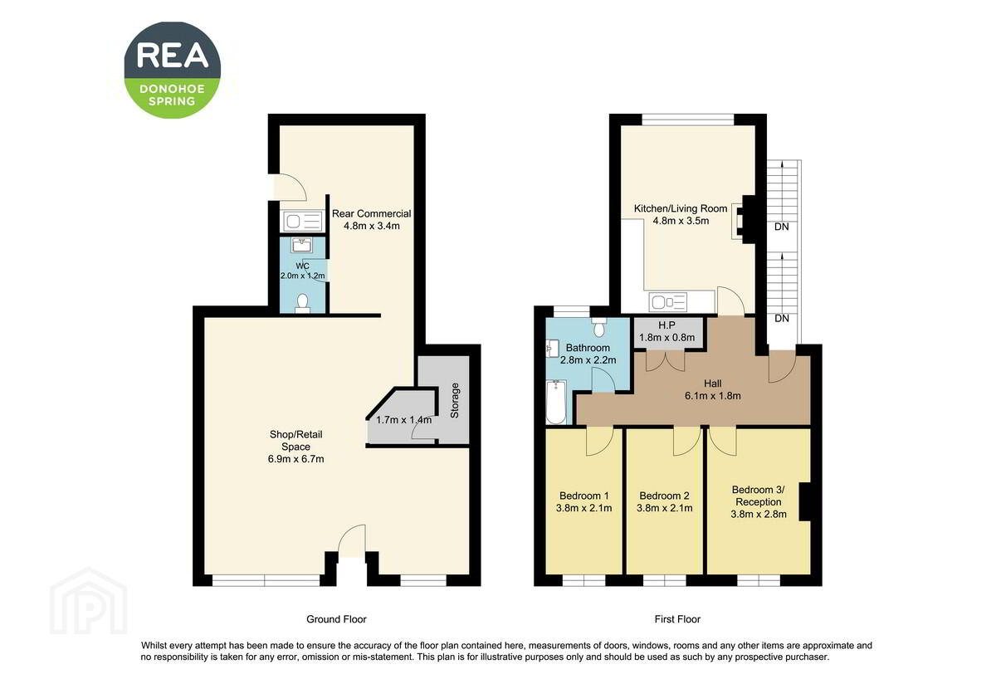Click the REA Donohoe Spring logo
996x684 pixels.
(x=172, y=70)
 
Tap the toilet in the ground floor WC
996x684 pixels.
(x=302, y=303)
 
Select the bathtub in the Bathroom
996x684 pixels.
(x=556, y=402)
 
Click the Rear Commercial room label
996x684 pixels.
(x=371, y=213)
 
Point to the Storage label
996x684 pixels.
(x=455, y=400)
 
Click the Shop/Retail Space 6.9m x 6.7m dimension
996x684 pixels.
(x=295, y=459)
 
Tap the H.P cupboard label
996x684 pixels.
(x=666, y=325)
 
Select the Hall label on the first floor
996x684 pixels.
(x=713, y=384)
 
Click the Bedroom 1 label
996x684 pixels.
(x=583, y=496)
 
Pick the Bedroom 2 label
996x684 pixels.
(x=664, y=496)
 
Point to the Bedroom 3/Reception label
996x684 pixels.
(x=759, y=496)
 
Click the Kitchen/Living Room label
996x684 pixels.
(x=681, y=208)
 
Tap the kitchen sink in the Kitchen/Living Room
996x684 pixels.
(x=668, y=302)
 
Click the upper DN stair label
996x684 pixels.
(x=782, y=227)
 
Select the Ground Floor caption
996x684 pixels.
(x=336, y=619)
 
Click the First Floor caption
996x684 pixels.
(x=677, y=619)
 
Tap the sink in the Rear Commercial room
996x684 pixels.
(x=302, y=221)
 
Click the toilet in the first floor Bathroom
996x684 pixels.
(x=599, y=327)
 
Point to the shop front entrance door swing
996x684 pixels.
(x=352, y=540)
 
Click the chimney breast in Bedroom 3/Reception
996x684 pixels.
(x=805, y=501)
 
